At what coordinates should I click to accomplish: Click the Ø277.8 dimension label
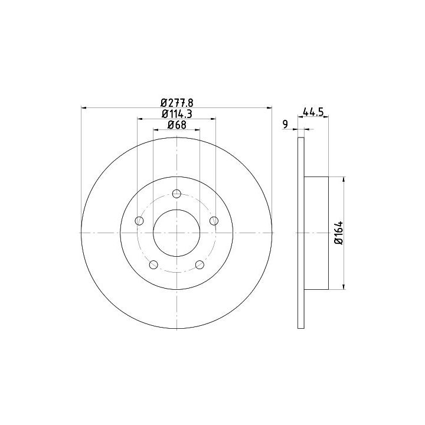point(176,103)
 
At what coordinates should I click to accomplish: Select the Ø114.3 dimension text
point(176,114)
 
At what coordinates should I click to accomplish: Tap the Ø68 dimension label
point(177,125)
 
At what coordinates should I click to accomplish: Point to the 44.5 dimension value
point(313,112)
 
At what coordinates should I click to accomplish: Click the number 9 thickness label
point(285,125)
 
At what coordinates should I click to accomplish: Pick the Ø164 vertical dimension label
point(339,233)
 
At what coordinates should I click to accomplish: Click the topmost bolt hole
point(176,194)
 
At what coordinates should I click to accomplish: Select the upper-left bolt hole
point(139,221)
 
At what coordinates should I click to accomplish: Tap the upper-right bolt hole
point(214,221)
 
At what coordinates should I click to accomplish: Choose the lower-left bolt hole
point(153,264)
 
